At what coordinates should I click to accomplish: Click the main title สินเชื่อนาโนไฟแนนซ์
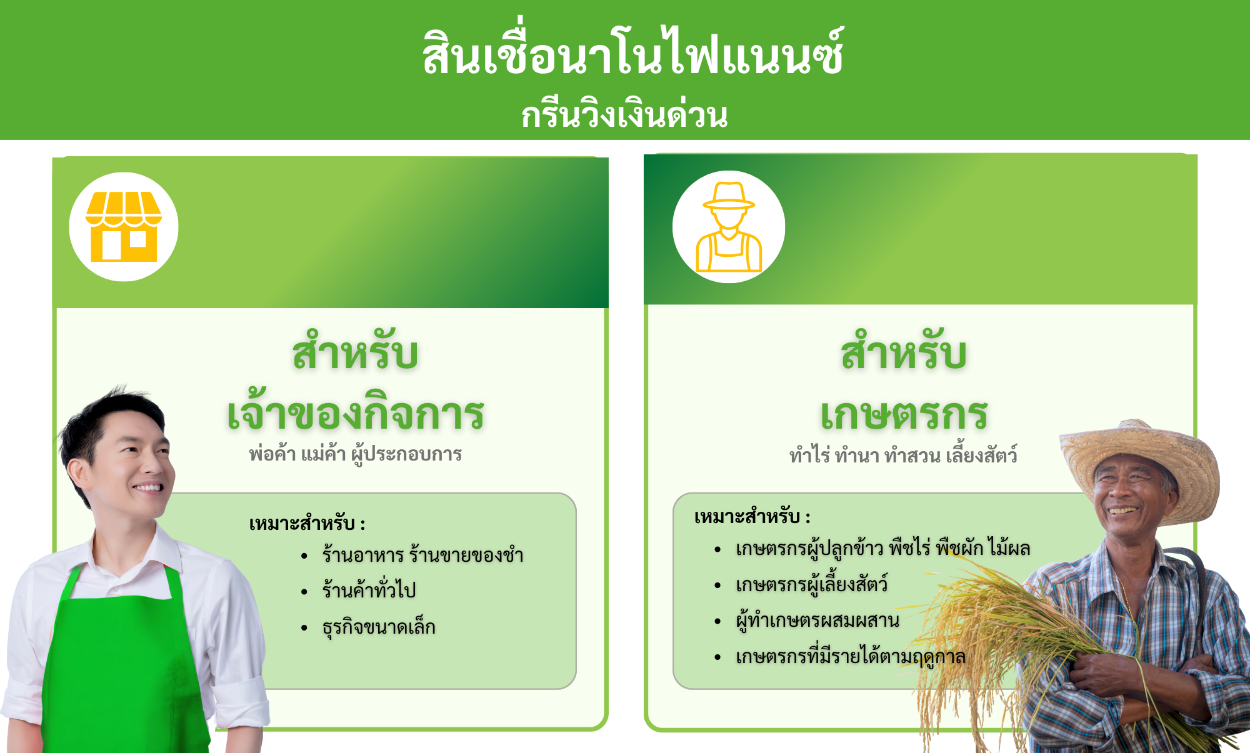633,52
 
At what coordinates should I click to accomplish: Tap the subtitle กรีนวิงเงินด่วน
625,114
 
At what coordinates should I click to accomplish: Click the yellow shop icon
124,226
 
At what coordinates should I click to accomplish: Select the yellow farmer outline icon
729,227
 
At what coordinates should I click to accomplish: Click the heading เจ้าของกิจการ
356,414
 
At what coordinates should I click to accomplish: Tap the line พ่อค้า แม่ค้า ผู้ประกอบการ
355,454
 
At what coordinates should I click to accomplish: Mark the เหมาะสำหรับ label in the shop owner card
307,523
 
